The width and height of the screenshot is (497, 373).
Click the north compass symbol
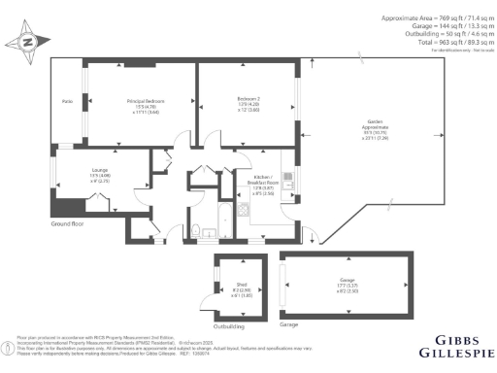pos(27,43)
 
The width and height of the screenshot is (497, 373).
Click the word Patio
pos(67,101)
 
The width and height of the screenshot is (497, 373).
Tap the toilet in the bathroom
pos(196,229)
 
